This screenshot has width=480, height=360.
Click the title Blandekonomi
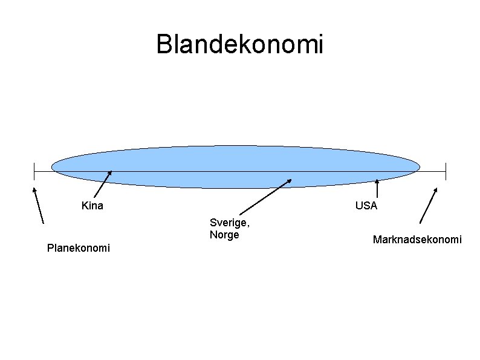coord(240,44)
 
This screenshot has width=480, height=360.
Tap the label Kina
coord(92,206)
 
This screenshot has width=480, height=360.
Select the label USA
coord(366,206)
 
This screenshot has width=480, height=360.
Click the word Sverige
coord(229,223)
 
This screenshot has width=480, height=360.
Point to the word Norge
coord(224,235)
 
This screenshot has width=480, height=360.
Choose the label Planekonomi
coord(79,247)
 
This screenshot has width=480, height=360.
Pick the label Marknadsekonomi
coord(417,240)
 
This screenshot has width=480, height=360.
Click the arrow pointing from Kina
coord(103,185)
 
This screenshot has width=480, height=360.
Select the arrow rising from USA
coord(377,189)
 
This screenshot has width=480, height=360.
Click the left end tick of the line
coord(34,171)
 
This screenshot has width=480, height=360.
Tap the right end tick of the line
coord(446,171)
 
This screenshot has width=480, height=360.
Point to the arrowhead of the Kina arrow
coord(110,173)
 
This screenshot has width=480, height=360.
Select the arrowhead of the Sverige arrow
coord(289,180)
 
